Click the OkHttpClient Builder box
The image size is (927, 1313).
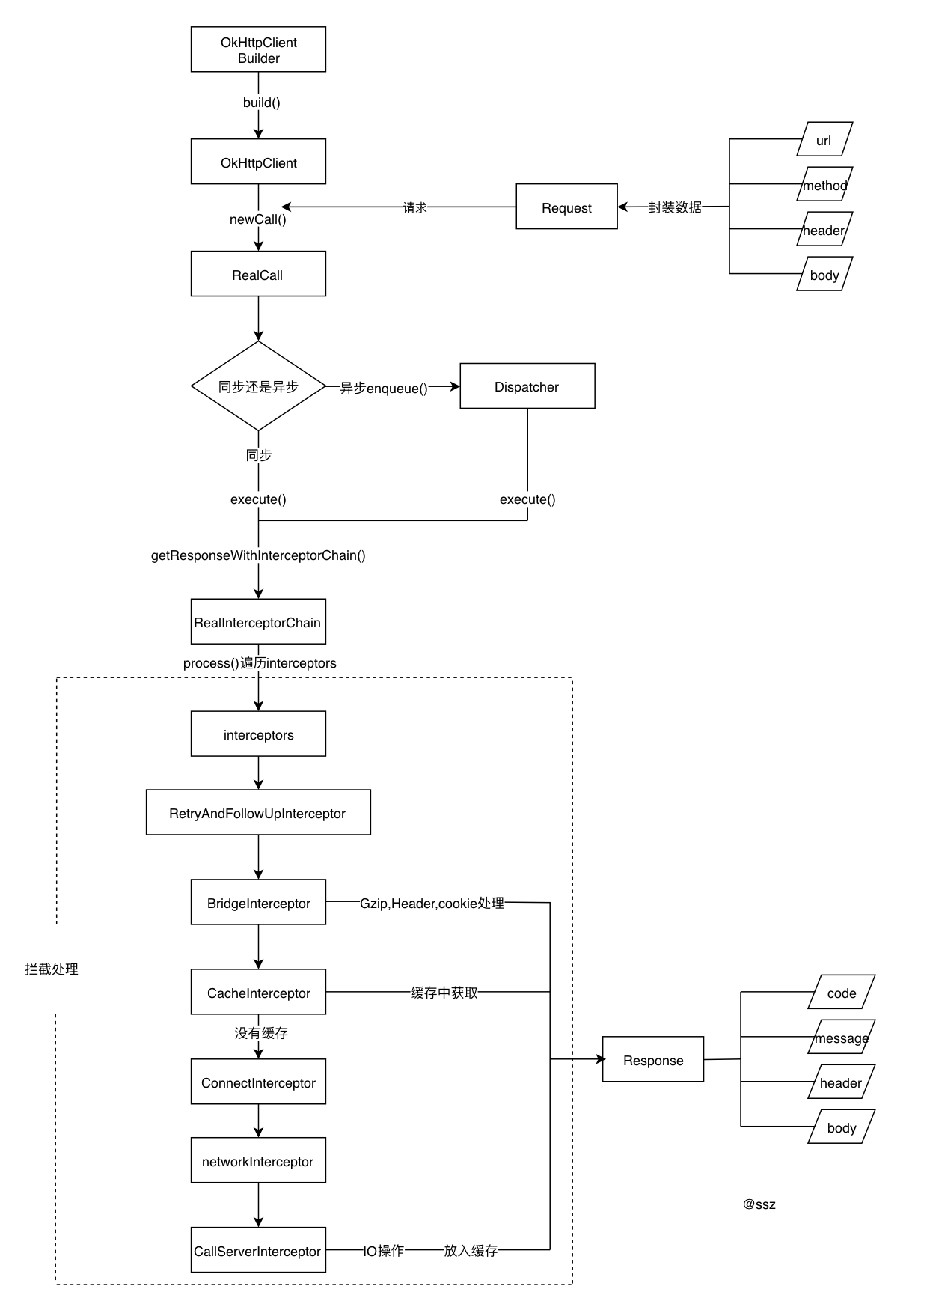click(x=258, y=49)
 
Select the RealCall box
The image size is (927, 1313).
click(x=258, y=274)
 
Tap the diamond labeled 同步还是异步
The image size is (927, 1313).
click(x=258, y=386)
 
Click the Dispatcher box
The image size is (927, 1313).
click(x=527, y=386)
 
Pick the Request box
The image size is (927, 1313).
click(x=566, y=207)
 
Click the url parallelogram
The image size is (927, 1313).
click(x=824, y=140)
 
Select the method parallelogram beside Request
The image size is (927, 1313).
click(x=824, y=185)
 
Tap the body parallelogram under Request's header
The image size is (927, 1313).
click(x=824, y=275)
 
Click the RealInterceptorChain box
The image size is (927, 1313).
click(x=258, y=622)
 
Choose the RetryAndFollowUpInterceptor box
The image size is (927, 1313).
click(x=258, y=813)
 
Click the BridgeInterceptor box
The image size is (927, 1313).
click(x=258, y=903)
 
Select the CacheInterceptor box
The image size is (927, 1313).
click(x=258, y=993)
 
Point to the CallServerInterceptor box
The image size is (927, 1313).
click(x=258, y=1251)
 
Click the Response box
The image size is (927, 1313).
click(x=653, y=1060)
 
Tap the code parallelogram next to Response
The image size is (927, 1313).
click(x=842, y=993)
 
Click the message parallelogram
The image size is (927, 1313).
click(x=842, y=1038)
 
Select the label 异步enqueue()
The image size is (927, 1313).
click(x=384, y=388)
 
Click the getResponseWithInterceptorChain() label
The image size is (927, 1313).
click(x=258, y=555)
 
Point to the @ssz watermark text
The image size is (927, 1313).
click(x=759, y=1204)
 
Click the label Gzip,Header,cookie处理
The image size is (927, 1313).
click(x=432, y=904)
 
